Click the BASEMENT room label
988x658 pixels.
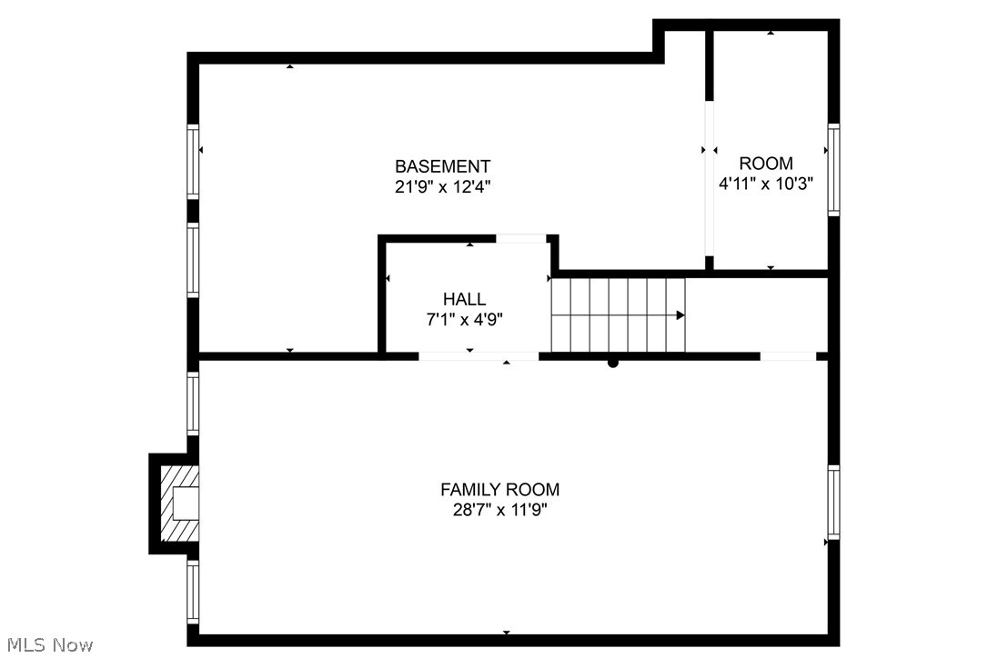442,166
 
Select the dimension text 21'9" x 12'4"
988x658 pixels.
442,186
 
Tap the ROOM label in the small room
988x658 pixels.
765,164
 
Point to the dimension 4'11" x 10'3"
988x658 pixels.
765,183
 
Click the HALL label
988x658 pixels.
464,299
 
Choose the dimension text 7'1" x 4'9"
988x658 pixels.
464,319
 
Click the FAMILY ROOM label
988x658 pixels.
499,490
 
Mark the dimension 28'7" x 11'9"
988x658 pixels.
499,510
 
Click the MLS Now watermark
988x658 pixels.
47,645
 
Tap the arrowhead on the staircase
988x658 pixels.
681,315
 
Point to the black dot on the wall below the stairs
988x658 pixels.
613,363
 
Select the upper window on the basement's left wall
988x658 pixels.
193,162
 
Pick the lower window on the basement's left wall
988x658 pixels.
193,259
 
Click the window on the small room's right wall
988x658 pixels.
832,170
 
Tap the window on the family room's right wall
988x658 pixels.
832,502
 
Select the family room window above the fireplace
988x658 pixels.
193,403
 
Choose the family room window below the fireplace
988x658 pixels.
193,590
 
